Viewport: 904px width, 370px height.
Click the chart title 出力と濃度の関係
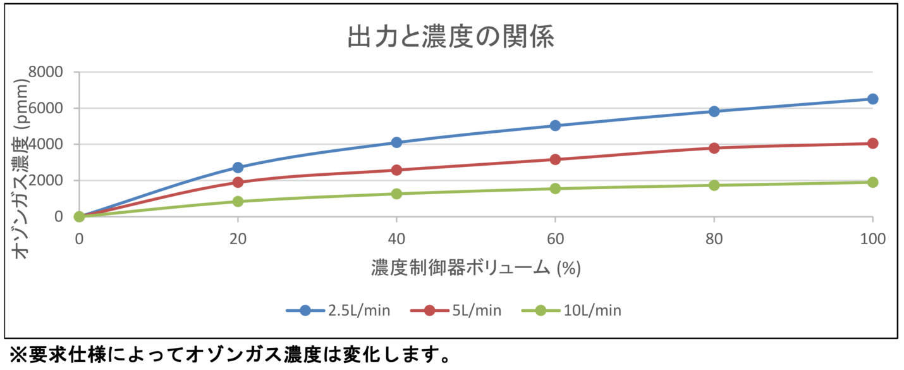[451, 37]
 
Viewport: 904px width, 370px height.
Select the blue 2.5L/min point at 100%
[872, 99]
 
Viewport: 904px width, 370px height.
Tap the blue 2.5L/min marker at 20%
[238, 168]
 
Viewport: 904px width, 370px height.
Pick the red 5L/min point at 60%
[555, 159]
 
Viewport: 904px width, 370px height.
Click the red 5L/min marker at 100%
[872, 144]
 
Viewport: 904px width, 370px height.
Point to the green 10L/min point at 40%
[396, 194]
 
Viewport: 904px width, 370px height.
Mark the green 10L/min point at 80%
[714, 185]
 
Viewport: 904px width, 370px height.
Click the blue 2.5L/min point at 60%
[555, 125]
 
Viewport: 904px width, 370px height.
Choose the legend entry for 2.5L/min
[338, 310]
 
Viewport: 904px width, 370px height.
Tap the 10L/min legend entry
[571, 310]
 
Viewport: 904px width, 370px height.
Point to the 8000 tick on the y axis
[46, 72]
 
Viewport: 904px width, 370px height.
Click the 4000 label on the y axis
[46, 144]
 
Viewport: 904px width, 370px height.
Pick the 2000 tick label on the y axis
[46, 180]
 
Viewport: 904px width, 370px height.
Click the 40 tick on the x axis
[396, 238]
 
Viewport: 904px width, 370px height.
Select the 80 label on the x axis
[714, 238]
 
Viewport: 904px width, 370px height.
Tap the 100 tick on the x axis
[872, 238]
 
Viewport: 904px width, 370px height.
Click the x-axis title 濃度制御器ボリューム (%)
[475, 268]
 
